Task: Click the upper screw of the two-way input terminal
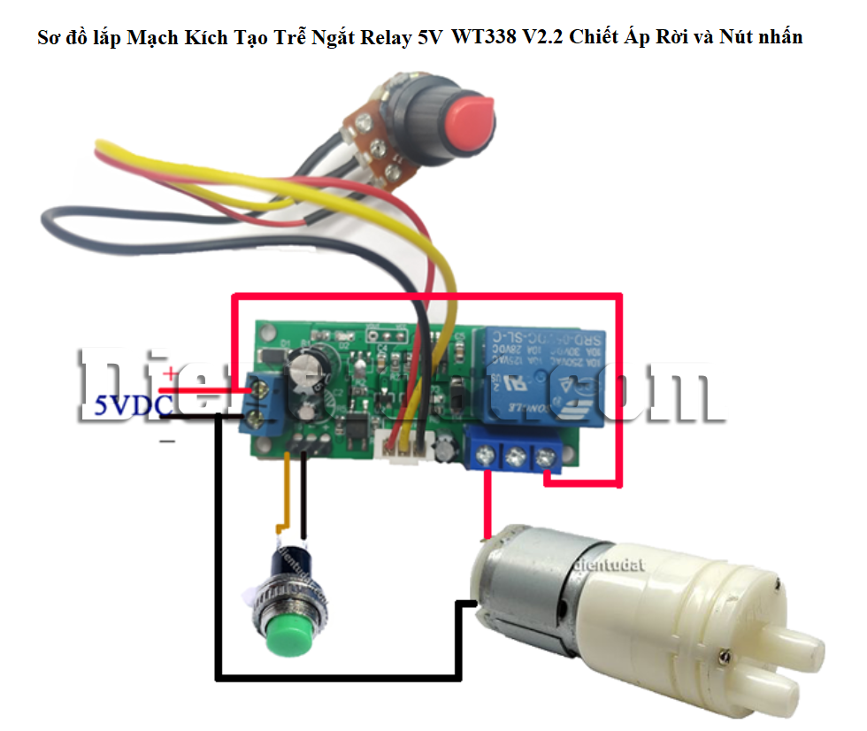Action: tap(261, 387)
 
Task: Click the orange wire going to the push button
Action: tap(285, 496)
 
